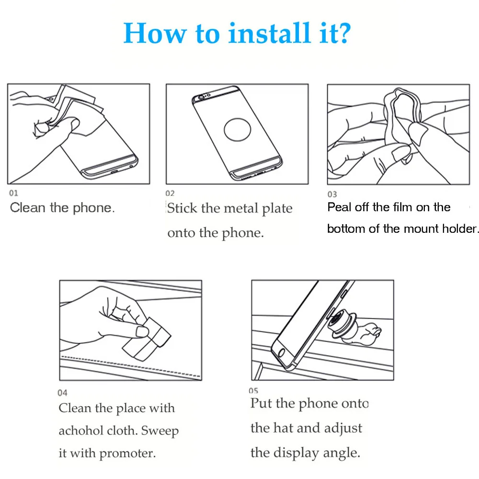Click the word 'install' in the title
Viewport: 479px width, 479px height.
pos(269,33)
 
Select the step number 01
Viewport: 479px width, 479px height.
pos(13,193)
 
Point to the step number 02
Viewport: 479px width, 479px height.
pos(170,194)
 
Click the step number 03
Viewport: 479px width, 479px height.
pos(332,194)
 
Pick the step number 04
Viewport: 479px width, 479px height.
pos(62,393)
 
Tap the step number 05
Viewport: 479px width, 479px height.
pos(253,391)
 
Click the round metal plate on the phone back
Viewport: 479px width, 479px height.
pos(238,129)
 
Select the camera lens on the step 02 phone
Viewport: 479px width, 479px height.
pos(201,97)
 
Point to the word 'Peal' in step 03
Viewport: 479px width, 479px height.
pos(339,207)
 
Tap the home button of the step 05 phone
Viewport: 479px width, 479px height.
pos(281,353)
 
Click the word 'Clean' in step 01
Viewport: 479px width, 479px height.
pos(28,208)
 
